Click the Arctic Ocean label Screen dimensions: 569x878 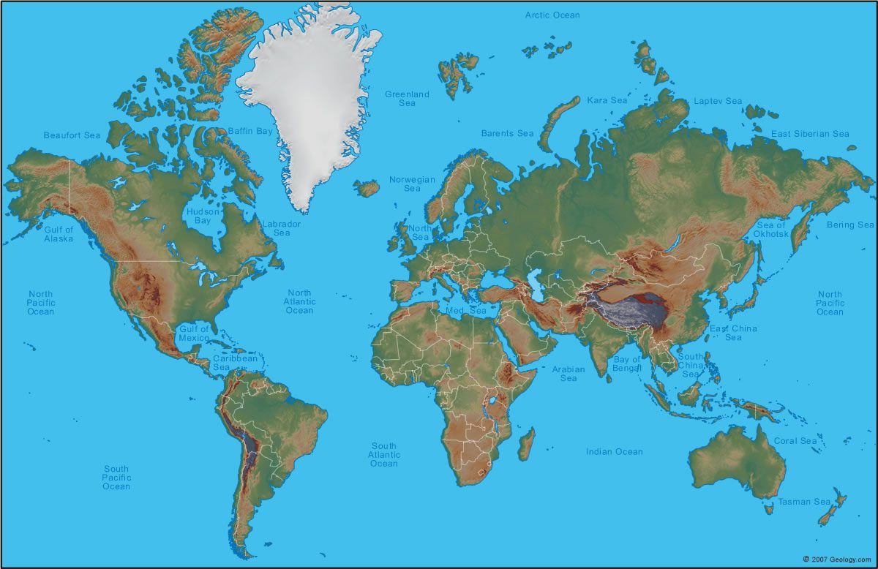[552, 15]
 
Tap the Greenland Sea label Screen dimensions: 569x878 [407, 99]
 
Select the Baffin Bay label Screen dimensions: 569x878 [249, 131]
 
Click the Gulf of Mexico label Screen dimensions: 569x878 [194, 334]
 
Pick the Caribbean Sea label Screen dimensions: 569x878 [235, 363]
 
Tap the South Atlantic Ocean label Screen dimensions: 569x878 [383, 454]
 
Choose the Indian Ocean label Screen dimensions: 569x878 [614, 452]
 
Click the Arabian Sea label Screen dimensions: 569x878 [569, 374]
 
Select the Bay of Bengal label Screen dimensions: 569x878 [627, 363]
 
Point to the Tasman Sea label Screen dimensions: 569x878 [803, 502]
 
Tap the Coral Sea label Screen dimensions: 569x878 [795, 441]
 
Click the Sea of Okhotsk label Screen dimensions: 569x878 [772, 229]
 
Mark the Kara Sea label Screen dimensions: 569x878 [607, 100]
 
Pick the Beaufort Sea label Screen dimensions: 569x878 [72, 135]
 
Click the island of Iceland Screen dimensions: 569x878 [367, 188]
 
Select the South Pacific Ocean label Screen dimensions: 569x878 [116, 478]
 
